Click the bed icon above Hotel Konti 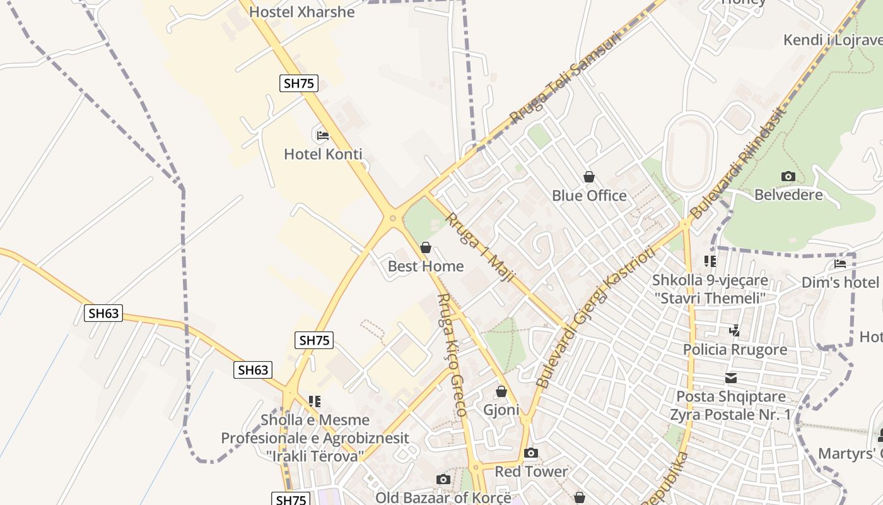point(322,135)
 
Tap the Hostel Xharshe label point(301,12)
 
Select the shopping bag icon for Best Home point(426,247)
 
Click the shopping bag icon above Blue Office point(589,177)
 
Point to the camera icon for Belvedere point(788,176)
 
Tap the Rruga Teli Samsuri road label point(565,76)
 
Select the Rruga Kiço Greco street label point(452,354)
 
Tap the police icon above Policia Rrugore point(735,330)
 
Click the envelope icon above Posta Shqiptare point(731,378)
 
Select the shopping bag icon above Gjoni point(501,391)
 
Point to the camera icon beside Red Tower point(531,453)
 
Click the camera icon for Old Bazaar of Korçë point(443,479)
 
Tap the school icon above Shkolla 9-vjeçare point(710,261)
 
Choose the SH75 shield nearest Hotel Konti point(299,83)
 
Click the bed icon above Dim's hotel point(839,264)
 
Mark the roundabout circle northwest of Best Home point(393,218)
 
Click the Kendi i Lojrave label point(833,40)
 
